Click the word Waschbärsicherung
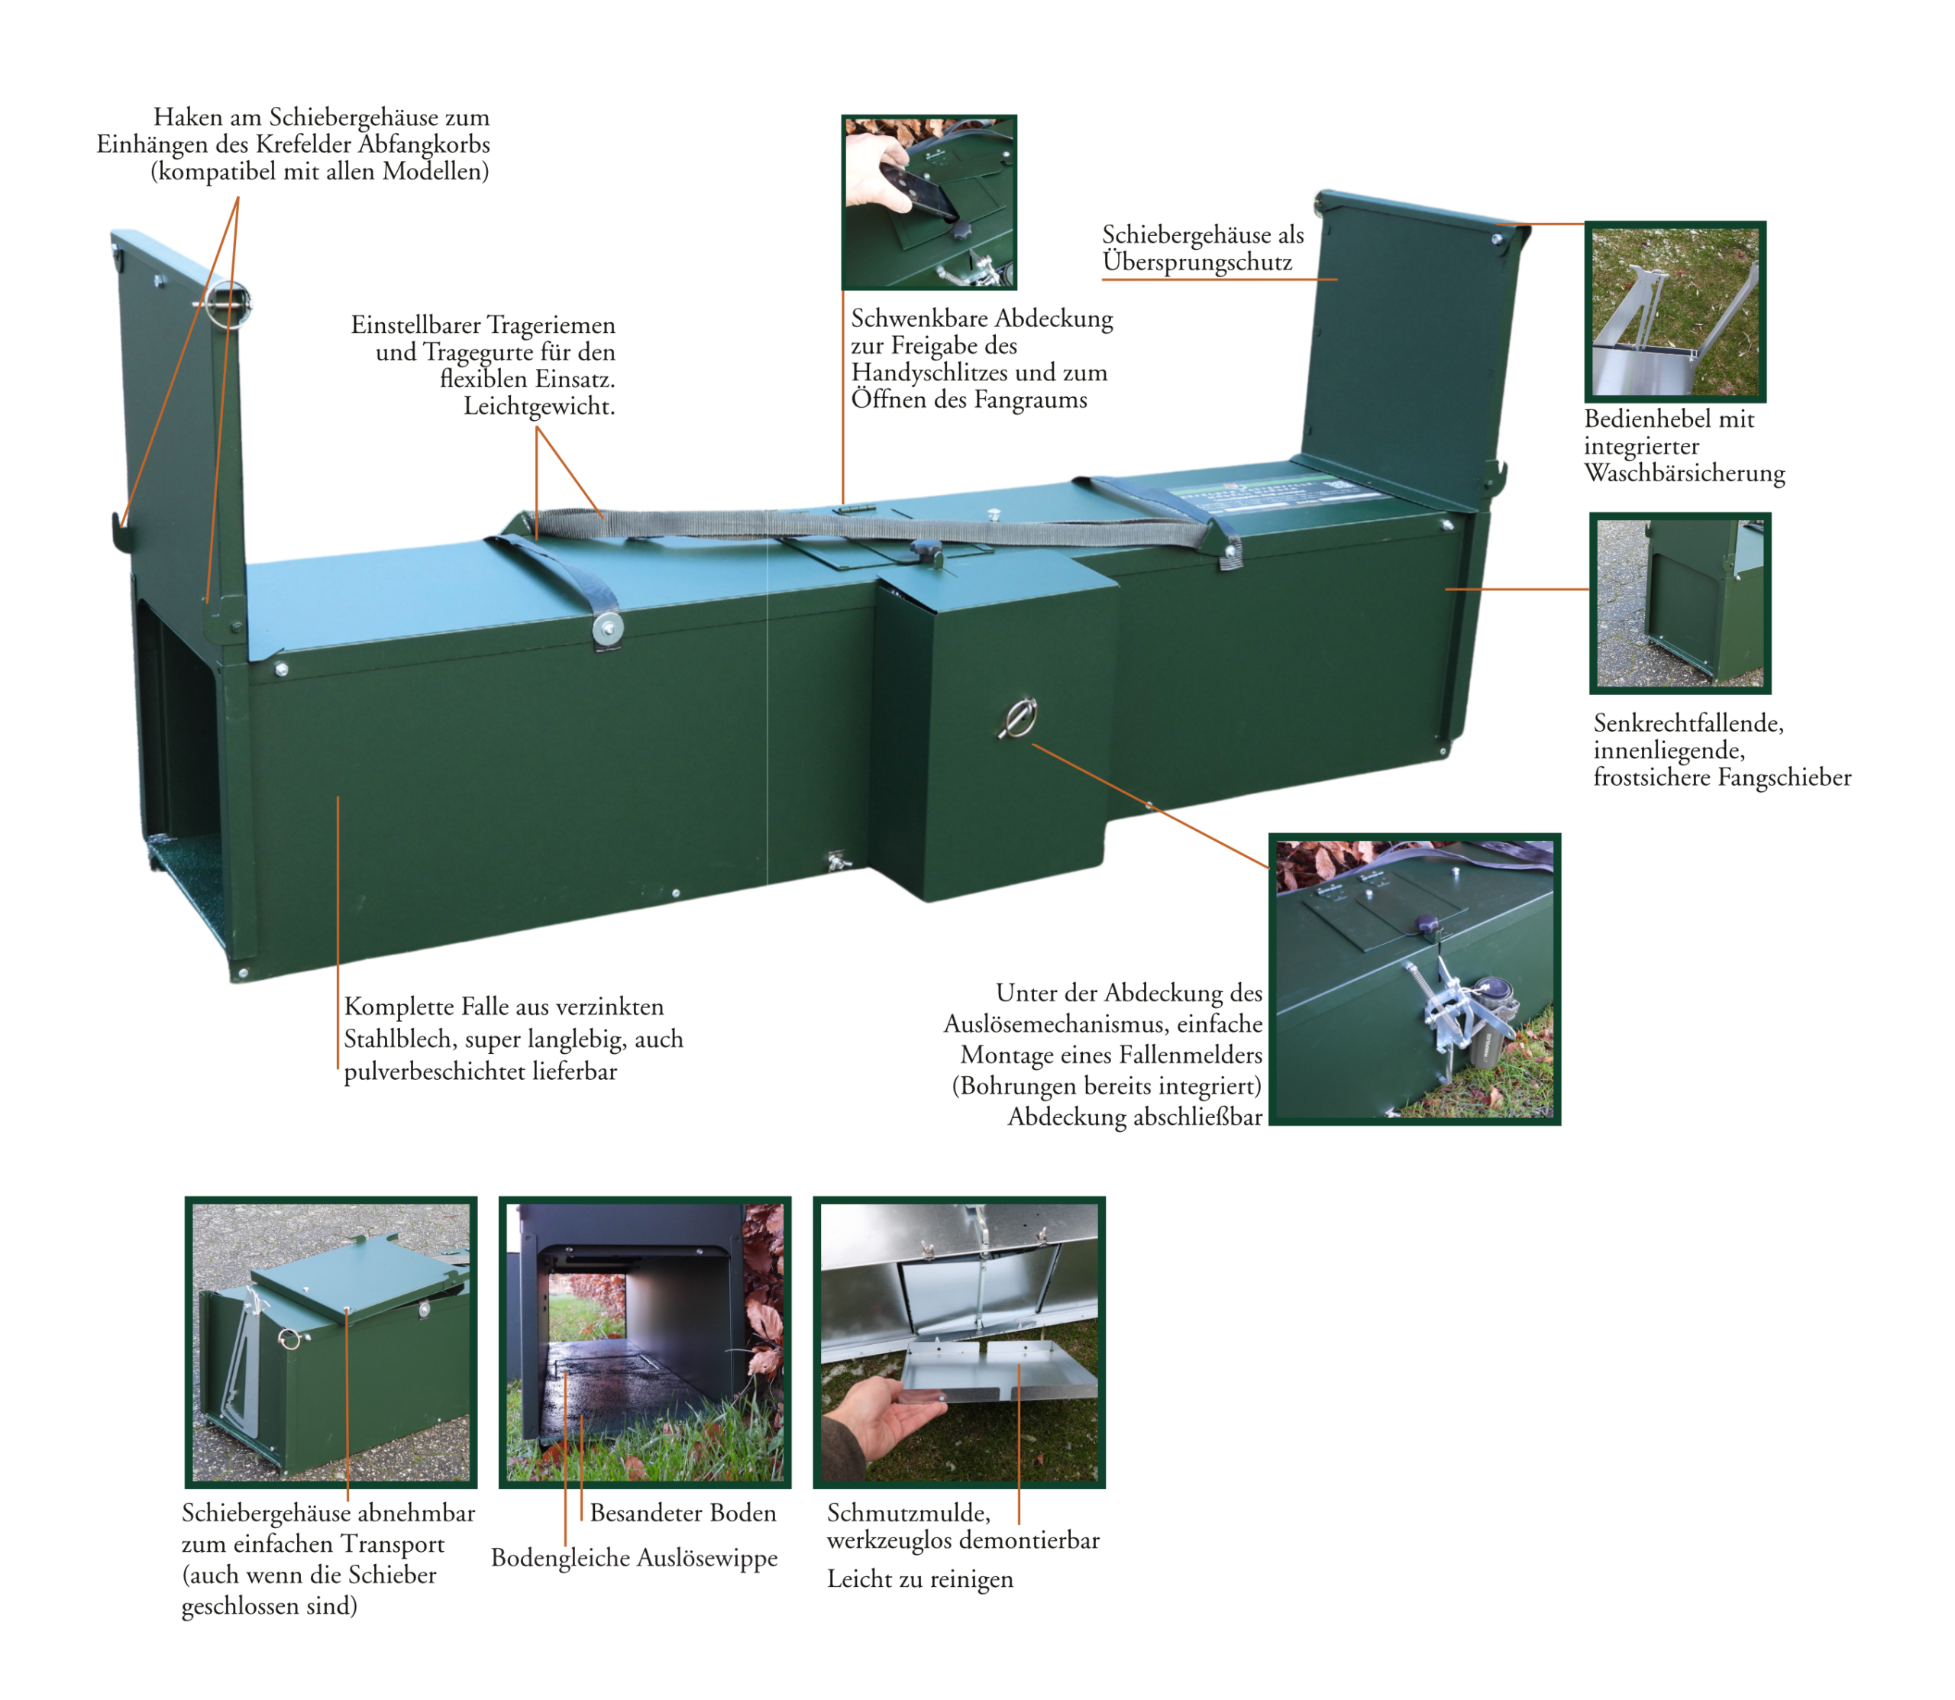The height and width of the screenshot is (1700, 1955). click(1684, 473)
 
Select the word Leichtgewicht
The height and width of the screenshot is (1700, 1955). click(539, 407)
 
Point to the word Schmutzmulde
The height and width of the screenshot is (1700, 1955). click(909, 1513)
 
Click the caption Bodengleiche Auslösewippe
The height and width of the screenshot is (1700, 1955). click(634, 1558)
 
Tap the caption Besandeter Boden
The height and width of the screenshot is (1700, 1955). click(683, 1512)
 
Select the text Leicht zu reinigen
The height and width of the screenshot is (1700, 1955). click(920, 1579)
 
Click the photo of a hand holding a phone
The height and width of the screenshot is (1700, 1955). click(929, 202)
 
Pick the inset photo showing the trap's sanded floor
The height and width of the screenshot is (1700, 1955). click(645, 1341)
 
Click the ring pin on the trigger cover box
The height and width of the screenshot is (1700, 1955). click(1018, 717)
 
